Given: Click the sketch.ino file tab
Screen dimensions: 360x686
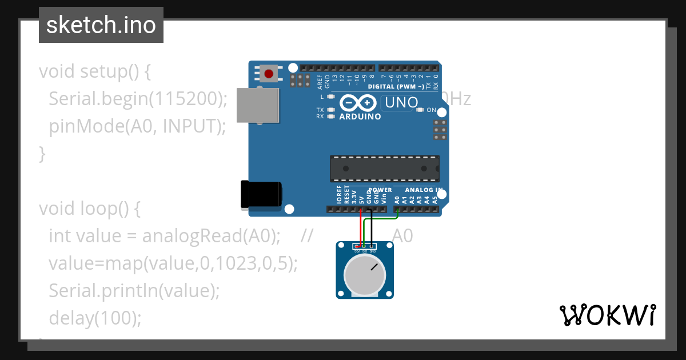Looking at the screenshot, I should pos(101,25).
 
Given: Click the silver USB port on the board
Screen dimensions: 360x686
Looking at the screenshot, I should pos(258,105).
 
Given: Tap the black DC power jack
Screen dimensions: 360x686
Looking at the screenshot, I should pos(261,194).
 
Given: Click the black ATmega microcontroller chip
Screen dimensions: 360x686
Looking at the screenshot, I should pos(385,169).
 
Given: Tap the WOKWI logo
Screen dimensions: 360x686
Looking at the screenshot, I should pos(607,315).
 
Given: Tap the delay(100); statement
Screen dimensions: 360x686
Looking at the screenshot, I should pos(95,318).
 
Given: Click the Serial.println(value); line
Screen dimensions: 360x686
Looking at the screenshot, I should pos(134,290).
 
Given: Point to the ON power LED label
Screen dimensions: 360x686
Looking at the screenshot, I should pos(432,110).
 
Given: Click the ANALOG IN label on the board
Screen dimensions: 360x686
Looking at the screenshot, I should pos(424,190).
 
